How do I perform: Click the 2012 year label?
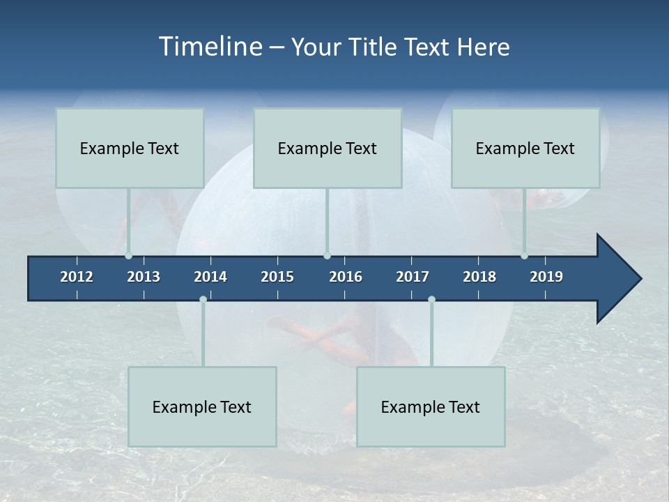(77, 277)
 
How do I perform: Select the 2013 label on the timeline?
(144, 277)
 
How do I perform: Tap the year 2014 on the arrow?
(210, 277)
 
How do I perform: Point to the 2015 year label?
(277, 277)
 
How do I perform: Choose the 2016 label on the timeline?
(346, 277)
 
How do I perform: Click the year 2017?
(413, 277)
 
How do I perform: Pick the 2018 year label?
(479, 277)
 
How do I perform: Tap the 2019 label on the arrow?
(546, 277)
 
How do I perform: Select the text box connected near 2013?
(130, 148)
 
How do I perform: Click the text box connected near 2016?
(328, 148)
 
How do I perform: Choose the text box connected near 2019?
(525, 148)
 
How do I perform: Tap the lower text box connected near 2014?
(202, 406)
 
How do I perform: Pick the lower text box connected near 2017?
(431, 406)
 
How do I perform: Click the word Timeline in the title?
(209, 47)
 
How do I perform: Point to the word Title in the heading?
(376, 47)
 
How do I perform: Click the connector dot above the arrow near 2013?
(128, 256)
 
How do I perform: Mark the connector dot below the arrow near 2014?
(203, 300)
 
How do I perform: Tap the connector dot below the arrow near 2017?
(431, 300)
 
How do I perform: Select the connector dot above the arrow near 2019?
(524, 256)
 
